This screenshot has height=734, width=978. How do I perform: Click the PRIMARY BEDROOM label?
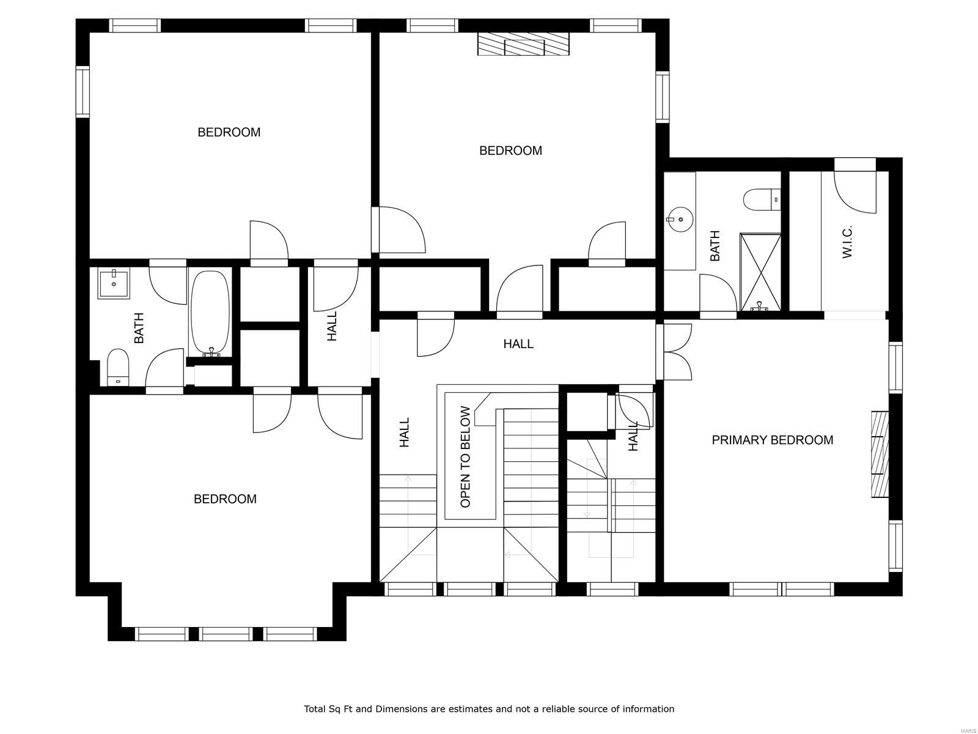(772, 440)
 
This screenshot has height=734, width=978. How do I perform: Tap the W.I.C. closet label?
(847, 242)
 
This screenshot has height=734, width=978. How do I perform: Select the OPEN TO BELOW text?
(466, 456)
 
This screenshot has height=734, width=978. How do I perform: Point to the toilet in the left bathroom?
(118, 366)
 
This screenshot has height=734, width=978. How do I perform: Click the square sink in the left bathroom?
(114, 284)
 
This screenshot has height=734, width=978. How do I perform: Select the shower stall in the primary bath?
(760, 272)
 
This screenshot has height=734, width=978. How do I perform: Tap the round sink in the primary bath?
(680, 218)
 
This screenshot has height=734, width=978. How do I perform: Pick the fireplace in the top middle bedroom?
(523, 45)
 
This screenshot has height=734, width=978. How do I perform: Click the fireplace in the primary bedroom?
(880, 454)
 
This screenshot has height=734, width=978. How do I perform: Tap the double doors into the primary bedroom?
(675, 352)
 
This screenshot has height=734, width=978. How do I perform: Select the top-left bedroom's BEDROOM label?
(229, 132)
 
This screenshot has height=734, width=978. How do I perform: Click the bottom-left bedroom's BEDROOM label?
(225, 499)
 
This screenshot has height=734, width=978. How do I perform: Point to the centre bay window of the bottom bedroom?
(226, 634)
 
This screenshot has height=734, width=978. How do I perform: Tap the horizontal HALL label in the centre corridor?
(518, 344)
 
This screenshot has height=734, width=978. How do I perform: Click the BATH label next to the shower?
(715, 246)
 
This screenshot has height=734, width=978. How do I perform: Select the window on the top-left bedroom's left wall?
(83, 91)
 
